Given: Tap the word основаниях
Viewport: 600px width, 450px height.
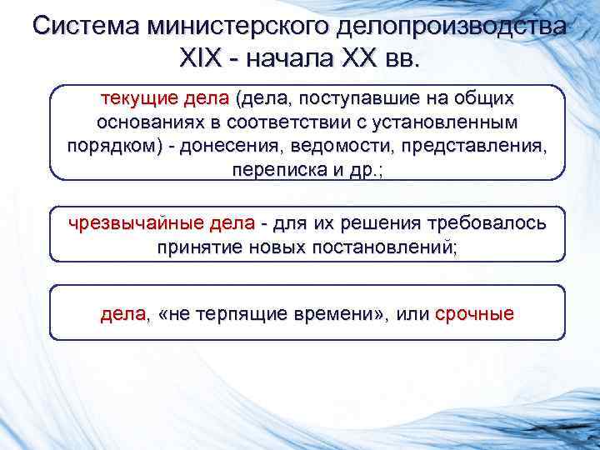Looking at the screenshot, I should [141, 122].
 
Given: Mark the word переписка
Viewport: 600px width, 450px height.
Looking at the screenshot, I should [274, 169].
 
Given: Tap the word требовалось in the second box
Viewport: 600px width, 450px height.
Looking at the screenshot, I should [487, 224].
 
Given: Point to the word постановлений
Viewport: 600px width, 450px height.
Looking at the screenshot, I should [380, 247].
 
